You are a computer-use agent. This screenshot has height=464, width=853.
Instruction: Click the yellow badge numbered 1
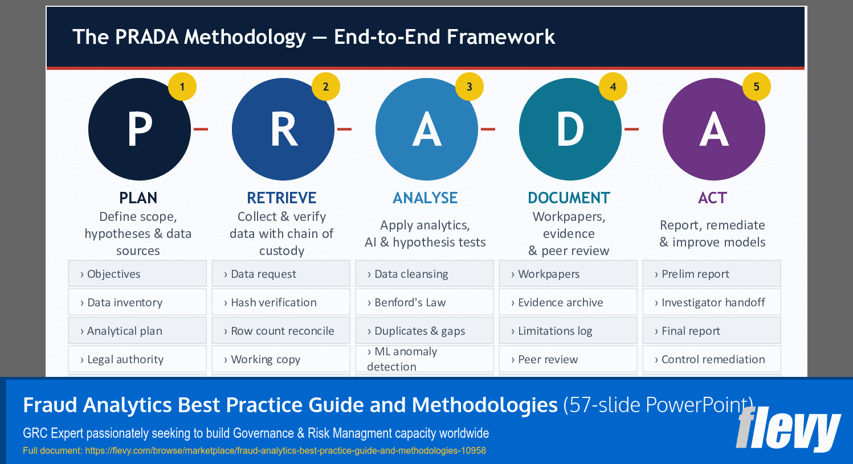pos(182,87)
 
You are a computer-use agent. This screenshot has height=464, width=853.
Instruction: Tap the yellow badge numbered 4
pos(613,87)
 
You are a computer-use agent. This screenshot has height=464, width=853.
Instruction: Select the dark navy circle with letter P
pos(140,130)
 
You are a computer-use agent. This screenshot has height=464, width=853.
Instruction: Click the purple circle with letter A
pos(713,130)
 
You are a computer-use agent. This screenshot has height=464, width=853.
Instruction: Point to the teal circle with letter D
pos(570,130)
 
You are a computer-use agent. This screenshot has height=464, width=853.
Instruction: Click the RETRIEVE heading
pos(281,198)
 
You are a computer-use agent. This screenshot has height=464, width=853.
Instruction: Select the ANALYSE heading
pos(425,198)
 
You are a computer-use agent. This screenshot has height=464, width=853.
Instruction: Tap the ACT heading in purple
pos(712,198)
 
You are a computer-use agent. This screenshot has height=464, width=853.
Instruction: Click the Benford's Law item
pos(425,302)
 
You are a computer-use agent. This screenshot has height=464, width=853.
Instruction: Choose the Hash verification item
pos(281,302)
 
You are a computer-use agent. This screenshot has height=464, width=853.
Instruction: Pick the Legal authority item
pos(137,359)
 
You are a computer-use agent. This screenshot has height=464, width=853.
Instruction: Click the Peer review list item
pos(568,359)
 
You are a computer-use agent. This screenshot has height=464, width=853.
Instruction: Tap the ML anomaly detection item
pos(425,359)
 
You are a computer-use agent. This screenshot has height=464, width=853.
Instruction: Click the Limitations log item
pos(568,331)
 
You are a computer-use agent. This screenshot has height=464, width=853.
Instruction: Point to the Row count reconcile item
pos(281,331)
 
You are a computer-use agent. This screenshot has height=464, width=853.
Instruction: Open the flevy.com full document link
pos(285,450)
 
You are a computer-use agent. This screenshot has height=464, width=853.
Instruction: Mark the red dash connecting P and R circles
pos(201,129)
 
